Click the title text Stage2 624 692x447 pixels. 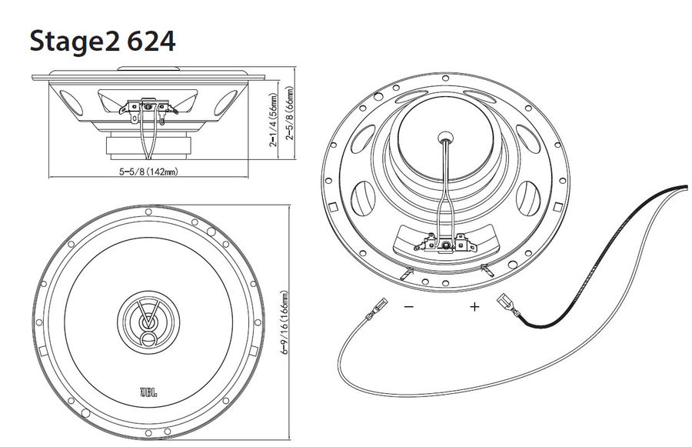(x=102, y=41)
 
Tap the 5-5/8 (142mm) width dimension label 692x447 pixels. (x=148, y=172)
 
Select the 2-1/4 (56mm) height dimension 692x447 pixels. (x=274, y=119)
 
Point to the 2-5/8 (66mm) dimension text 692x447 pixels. (x=290, y=112)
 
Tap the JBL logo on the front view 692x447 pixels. (x=148, y=392)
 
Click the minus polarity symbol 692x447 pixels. (x=409, y=306)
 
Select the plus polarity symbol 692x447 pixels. (x=474, y=306)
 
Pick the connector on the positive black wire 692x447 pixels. (x=508, y=305)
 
